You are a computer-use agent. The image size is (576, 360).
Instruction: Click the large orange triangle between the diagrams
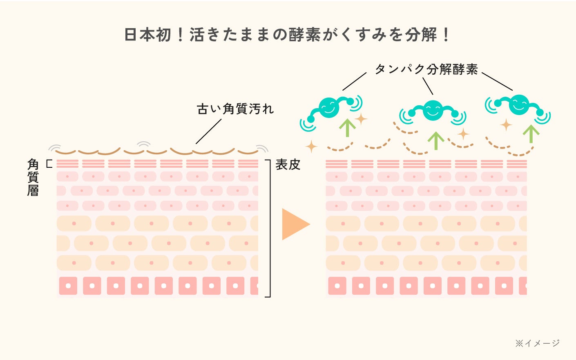[x=294, y=224]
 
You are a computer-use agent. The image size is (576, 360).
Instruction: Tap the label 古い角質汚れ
[x=235, y=109]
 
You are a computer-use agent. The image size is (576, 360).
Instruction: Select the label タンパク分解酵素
[x=426, y=69]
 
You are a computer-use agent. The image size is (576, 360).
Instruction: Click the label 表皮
[x=288, y=164]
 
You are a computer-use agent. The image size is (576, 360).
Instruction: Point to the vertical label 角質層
[x=33, y=178]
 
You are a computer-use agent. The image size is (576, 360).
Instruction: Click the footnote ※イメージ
[x=537, y=343]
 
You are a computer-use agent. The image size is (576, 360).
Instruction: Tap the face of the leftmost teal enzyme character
[x=329, y=107]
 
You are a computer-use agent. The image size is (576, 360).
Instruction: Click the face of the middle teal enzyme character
[x=433, y=110]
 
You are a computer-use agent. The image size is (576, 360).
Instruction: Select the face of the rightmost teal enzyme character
[x=519, y=104]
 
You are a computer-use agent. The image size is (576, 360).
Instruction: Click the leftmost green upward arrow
[x=347, y=127]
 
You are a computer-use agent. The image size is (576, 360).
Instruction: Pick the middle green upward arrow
[x=436, y=140]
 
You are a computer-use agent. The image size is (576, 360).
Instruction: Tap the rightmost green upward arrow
[x=531, y=133]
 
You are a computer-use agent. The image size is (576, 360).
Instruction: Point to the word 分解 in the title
[x=421, y=35]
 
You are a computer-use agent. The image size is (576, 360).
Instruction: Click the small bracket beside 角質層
[x=49, y=164]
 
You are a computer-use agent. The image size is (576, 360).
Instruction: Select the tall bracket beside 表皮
[x=269, y=229]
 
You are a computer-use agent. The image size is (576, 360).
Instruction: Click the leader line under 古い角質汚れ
[x=208, y=131]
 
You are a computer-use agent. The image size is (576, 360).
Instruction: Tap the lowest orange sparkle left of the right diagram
[x=311, y=147]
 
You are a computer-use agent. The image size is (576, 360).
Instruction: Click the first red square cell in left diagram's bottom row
[x=68, y=286]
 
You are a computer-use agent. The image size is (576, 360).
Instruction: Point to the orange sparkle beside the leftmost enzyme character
[x=361, y=119]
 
